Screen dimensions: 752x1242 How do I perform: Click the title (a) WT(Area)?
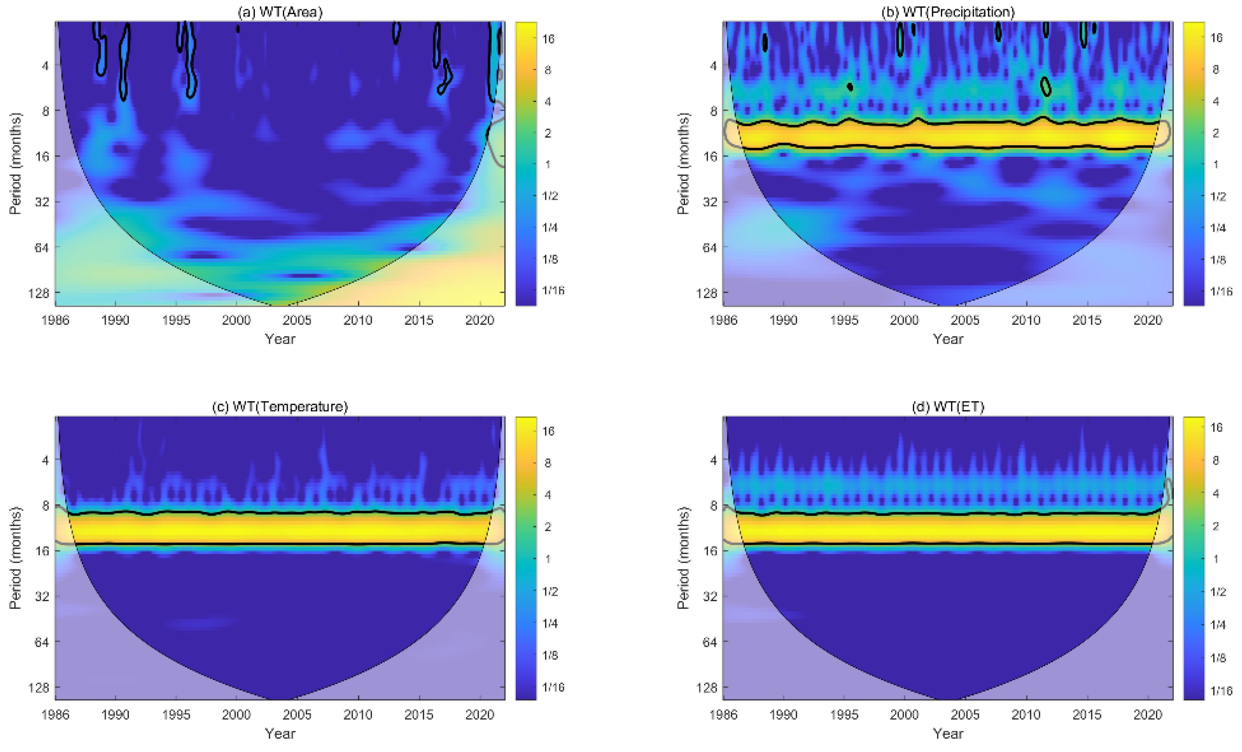tap(280, 12)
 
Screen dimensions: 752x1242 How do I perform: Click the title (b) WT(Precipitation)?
tap(948, 12)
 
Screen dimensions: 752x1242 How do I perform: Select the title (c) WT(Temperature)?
tap(280, 407)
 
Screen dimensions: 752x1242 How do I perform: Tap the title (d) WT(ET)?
tap(948, 407)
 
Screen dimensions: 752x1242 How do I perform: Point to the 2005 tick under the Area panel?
tap(297, 320)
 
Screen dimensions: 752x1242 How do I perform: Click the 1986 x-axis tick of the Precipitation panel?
tap(723, 320)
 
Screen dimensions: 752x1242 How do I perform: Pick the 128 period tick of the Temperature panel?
tap(38, 688)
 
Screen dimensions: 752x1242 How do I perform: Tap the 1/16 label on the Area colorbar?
tap(553, 290)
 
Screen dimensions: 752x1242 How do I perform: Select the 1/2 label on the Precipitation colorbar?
tap(1218, 197)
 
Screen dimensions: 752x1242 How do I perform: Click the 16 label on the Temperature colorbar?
tap(548, 431)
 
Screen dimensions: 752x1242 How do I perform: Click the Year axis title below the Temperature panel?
tap(280, 734)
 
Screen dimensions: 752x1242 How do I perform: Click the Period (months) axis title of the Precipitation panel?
tap(683, 164)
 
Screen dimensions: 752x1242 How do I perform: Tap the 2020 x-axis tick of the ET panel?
tap(1148, 715)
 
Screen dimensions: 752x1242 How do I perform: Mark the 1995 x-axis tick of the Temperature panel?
tap(176, 715)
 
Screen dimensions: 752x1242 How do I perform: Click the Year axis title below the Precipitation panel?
tap(948, 339)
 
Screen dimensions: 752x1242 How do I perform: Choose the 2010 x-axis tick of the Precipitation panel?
tap(1026, 320)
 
